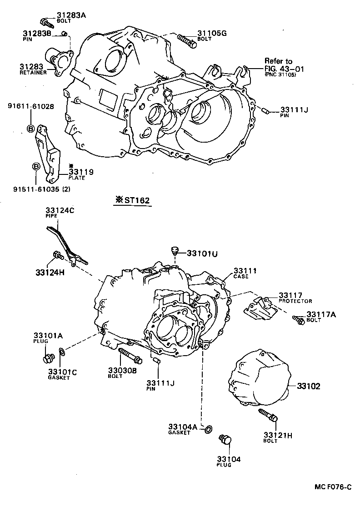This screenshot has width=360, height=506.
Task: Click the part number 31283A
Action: (x=71, y=15)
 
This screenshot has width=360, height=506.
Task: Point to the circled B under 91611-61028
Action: (x=31, y=129)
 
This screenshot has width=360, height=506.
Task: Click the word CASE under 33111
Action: (x=240, y=276)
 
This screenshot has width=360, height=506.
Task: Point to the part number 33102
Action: (x=309, y=387)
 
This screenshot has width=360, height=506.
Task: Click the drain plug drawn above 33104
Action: (x=225, y=440)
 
